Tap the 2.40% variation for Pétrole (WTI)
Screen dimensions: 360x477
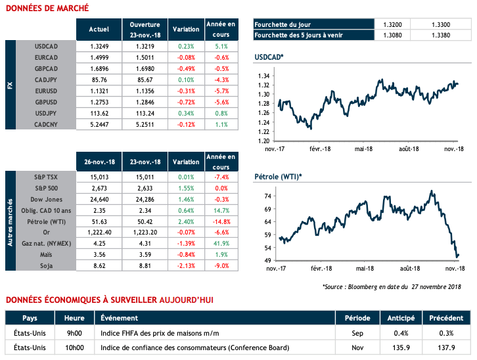click(186, 221)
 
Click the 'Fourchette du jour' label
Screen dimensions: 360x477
click(282, 23)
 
